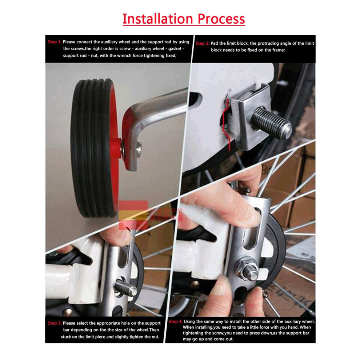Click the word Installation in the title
point(158,19)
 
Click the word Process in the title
point(221,19)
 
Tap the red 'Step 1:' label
point(55,42)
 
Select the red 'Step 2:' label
point(203,43)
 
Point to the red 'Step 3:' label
point(55,323)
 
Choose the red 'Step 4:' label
point(176,321)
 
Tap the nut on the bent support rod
point(139,149)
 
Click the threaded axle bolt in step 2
point(271,123)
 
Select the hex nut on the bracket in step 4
point(247,268)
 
